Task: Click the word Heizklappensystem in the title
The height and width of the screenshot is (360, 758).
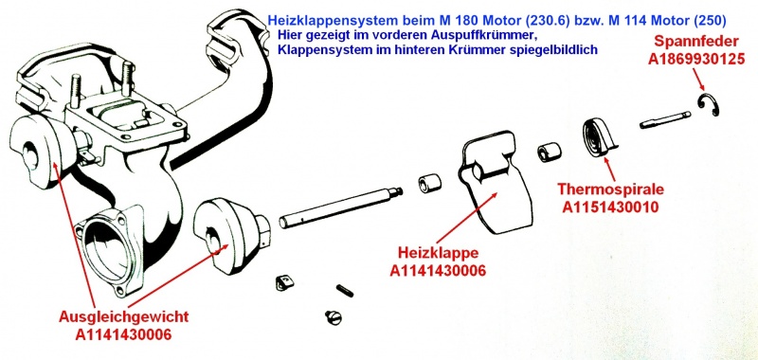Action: coord(328,19)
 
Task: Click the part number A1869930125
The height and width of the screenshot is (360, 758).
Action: coord(697,59)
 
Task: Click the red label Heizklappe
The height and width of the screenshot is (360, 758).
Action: coord(438,255)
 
